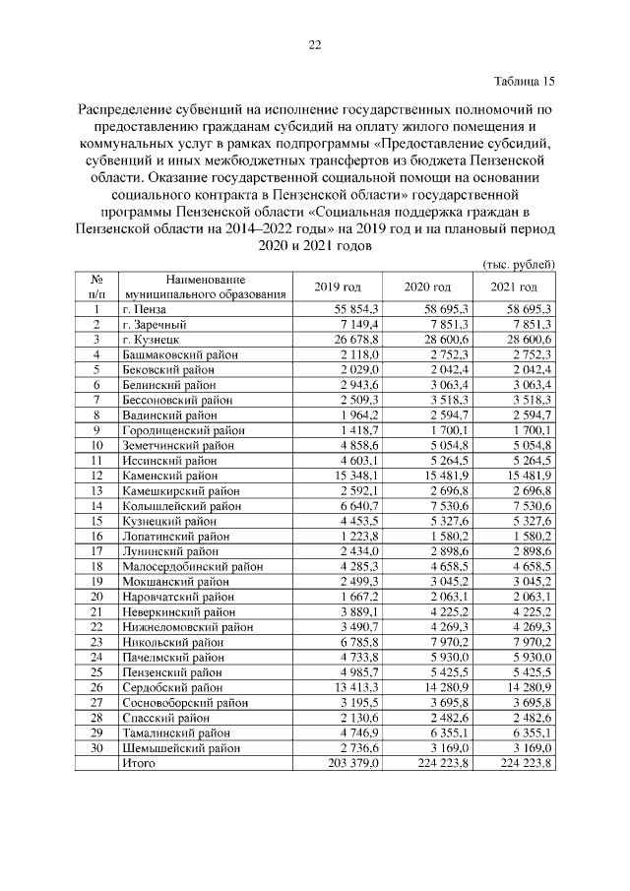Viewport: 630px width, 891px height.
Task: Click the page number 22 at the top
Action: click(315, 44)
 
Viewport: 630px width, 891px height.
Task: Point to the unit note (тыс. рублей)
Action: click(519, 264)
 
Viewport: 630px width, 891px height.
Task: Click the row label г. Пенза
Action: click(146, 308)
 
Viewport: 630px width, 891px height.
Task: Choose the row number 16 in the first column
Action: click(97, 537)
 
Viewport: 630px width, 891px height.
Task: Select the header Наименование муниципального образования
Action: click(205, 286)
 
